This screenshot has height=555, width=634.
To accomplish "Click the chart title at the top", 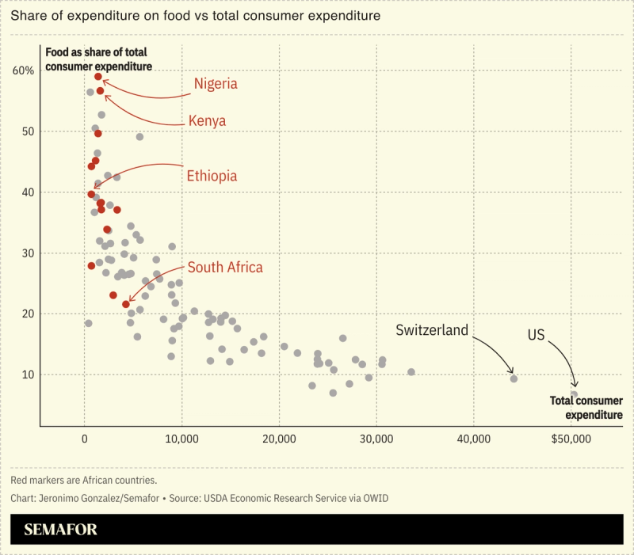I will click(185, 15).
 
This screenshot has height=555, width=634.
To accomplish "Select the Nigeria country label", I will click(216, 83).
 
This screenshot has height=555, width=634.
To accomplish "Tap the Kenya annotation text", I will click(207, 121).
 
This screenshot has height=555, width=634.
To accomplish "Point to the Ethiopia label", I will click(212, 176).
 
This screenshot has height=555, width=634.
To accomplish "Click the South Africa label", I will click(225, 268).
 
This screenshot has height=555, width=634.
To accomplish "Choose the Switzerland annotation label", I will click(432, 330).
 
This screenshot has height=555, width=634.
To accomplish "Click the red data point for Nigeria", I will click(98, 77).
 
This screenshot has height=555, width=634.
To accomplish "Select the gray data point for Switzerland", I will click(514, 378).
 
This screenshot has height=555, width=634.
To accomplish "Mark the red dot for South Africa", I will click(126, 304).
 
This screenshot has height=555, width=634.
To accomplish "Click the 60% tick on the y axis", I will click(24, 70).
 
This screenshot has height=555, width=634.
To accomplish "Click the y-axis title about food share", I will click(98, 59).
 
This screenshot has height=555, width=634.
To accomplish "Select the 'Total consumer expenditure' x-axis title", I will click(586, 408).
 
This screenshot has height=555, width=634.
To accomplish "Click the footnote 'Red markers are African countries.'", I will click(84, 480).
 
